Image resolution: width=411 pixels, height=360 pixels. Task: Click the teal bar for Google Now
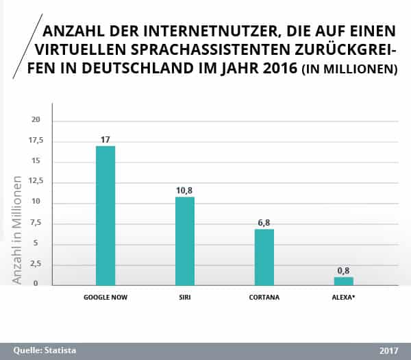coord(105,215)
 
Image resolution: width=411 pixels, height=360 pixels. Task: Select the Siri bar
coord(185,241)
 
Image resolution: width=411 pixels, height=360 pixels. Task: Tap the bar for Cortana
coord(264,256)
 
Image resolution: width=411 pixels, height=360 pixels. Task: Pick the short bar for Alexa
coord(344,281)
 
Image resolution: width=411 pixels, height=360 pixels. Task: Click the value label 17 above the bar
coord(105,139)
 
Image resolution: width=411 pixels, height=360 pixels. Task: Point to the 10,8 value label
coord(185,190)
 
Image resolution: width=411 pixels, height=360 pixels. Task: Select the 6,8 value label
coord(264,222)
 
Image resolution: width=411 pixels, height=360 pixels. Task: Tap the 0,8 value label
coord(344,270)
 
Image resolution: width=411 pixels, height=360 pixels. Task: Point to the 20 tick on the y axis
coord(36,120)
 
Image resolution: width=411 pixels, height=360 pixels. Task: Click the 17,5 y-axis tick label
coord(35,141)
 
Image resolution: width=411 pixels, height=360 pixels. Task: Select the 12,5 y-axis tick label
coord(35,182)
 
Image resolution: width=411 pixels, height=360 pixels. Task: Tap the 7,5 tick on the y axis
coord(36,223)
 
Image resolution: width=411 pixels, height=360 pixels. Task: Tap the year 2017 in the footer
coord(388,350)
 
